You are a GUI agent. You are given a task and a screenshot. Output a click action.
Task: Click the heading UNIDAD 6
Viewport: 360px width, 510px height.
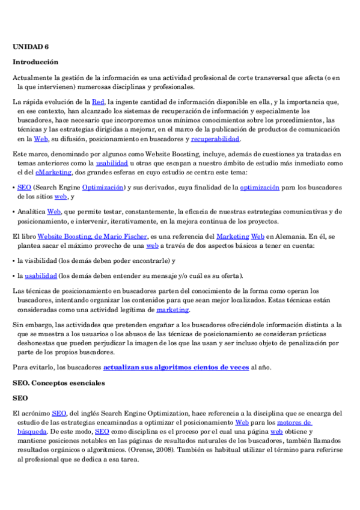click(x=31, y=46)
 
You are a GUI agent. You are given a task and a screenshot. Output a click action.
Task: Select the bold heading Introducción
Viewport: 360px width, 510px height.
click(x=35, y=62)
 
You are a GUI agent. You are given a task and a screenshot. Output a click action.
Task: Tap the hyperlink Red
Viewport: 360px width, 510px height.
click(x=98, y=102)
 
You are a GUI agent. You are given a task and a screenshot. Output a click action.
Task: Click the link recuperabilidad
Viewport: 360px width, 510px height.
click(x=215, y=139)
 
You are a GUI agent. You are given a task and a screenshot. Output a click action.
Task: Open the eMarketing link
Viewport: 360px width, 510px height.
click(x=57, y=172)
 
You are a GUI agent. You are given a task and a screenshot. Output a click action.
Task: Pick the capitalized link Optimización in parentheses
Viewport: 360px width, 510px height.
click(x=102, y=188)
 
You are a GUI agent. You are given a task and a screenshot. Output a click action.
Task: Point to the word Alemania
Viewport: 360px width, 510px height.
click(x=300, y=237)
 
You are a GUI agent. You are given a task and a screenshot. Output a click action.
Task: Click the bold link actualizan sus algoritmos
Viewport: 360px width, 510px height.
click(x=176, y=367)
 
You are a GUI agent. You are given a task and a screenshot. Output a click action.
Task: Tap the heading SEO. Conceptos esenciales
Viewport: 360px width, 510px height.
click(x=59, y=382)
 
